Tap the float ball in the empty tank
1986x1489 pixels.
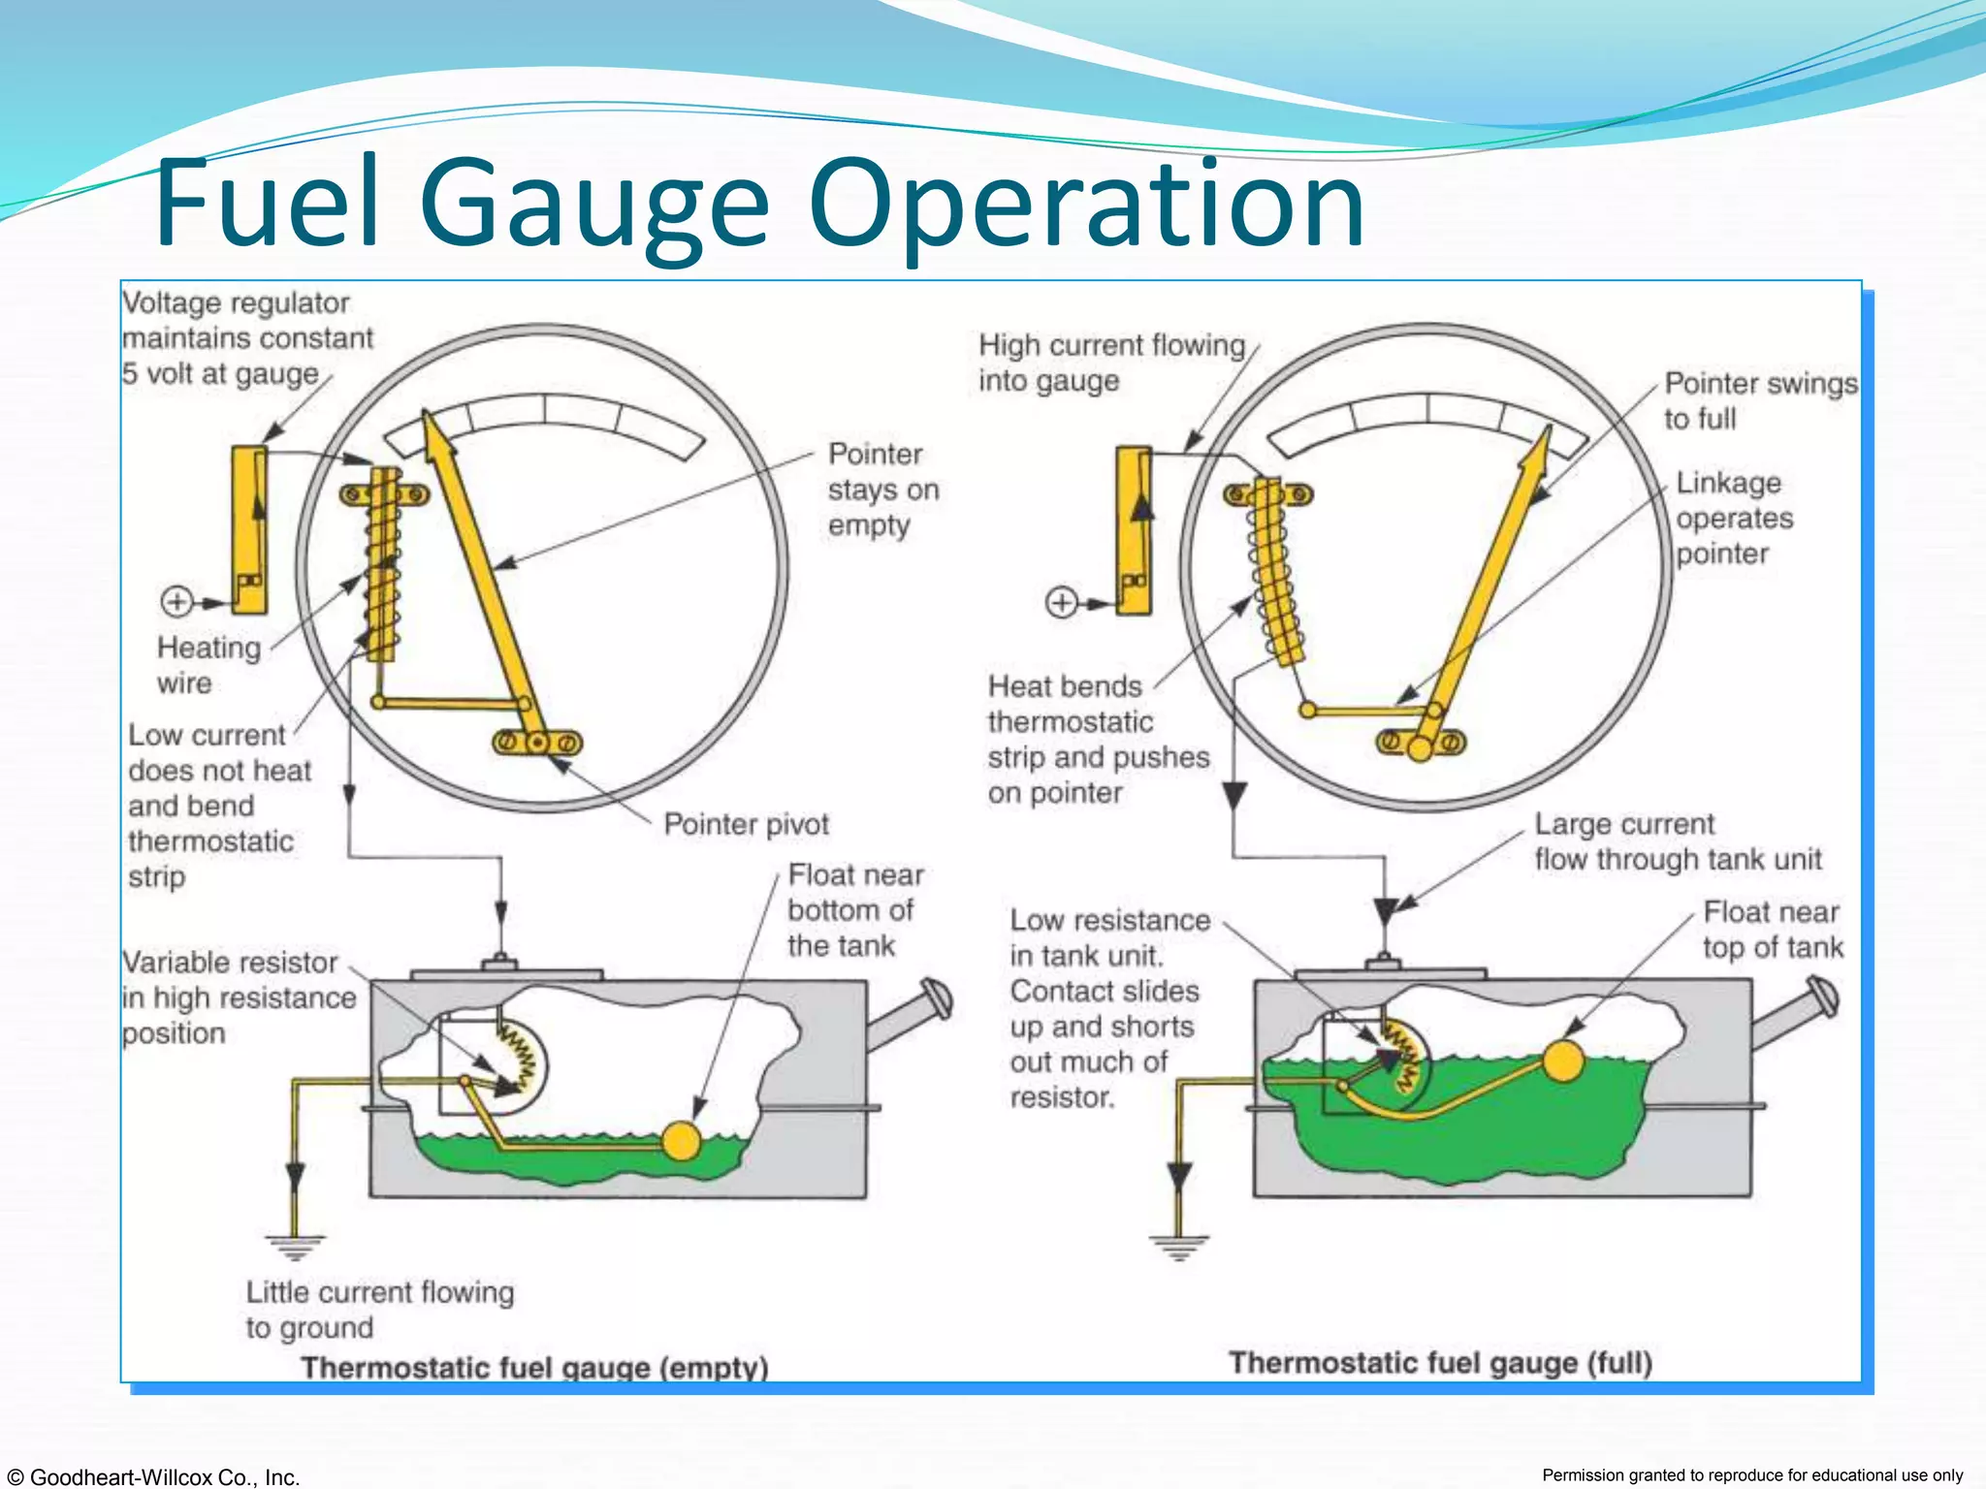click(682, 1141)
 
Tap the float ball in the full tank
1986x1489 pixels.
click(1562, 1061)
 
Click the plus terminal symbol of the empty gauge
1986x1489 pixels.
click(176, 601)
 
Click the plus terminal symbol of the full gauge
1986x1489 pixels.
click(1062, 602)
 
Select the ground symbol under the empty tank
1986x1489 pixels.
click(295, 1245)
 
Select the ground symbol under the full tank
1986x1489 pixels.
click(1179, 1246)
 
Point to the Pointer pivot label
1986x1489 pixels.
click(746, 824)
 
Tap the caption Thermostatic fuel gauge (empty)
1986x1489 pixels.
click(534, 1367)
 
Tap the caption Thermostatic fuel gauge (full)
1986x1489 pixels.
click(1440, 1362)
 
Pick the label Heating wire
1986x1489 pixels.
click(208, 665)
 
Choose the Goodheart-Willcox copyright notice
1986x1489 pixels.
click(152, 1476)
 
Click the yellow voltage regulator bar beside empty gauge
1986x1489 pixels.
click(249, 529)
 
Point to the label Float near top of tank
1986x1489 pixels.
click(1772, 929)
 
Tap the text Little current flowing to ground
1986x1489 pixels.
click(379, 1309)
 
